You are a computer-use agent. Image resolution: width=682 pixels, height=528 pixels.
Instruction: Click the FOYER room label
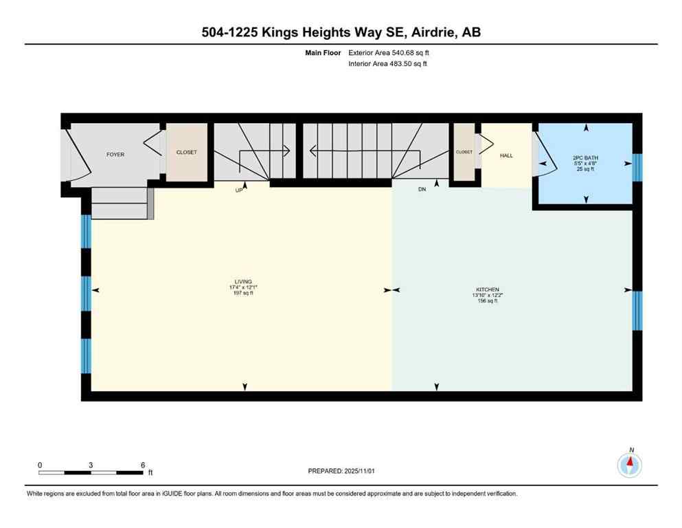115,155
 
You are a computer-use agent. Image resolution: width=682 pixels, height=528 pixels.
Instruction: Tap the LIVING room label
242,282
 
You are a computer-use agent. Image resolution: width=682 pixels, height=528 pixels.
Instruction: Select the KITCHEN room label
485,289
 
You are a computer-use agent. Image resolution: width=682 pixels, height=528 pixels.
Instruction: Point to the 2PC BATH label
585,158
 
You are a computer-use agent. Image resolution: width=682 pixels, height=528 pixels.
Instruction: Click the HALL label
506,155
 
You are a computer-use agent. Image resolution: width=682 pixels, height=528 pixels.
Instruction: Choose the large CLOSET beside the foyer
186,153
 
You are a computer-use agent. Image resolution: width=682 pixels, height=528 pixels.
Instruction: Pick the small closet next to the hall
464,152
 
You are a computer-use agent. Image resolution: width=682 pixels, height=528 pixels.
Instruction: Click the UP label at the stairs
239,190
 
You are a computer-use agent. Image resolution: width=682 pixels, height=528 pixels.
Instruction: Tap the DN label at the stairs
422,189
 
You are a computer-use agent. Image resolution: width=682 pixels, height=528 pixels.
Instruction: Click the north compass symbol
630,465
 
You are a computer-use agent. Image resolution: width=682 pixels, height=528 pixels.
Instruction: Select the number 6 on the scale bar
142,465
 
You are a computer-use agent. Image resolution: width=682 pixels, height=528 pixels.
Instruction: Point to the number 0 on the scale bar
40,465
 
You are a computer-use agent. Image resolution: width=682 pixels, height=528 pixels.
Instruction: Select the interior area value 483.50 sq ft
406,64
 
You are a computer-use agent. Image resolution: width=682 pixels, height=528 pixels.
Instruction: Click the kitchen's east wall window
636,311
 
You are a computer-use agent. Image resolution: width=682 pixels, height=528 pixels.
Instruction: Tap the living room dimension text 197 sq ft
242,294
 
